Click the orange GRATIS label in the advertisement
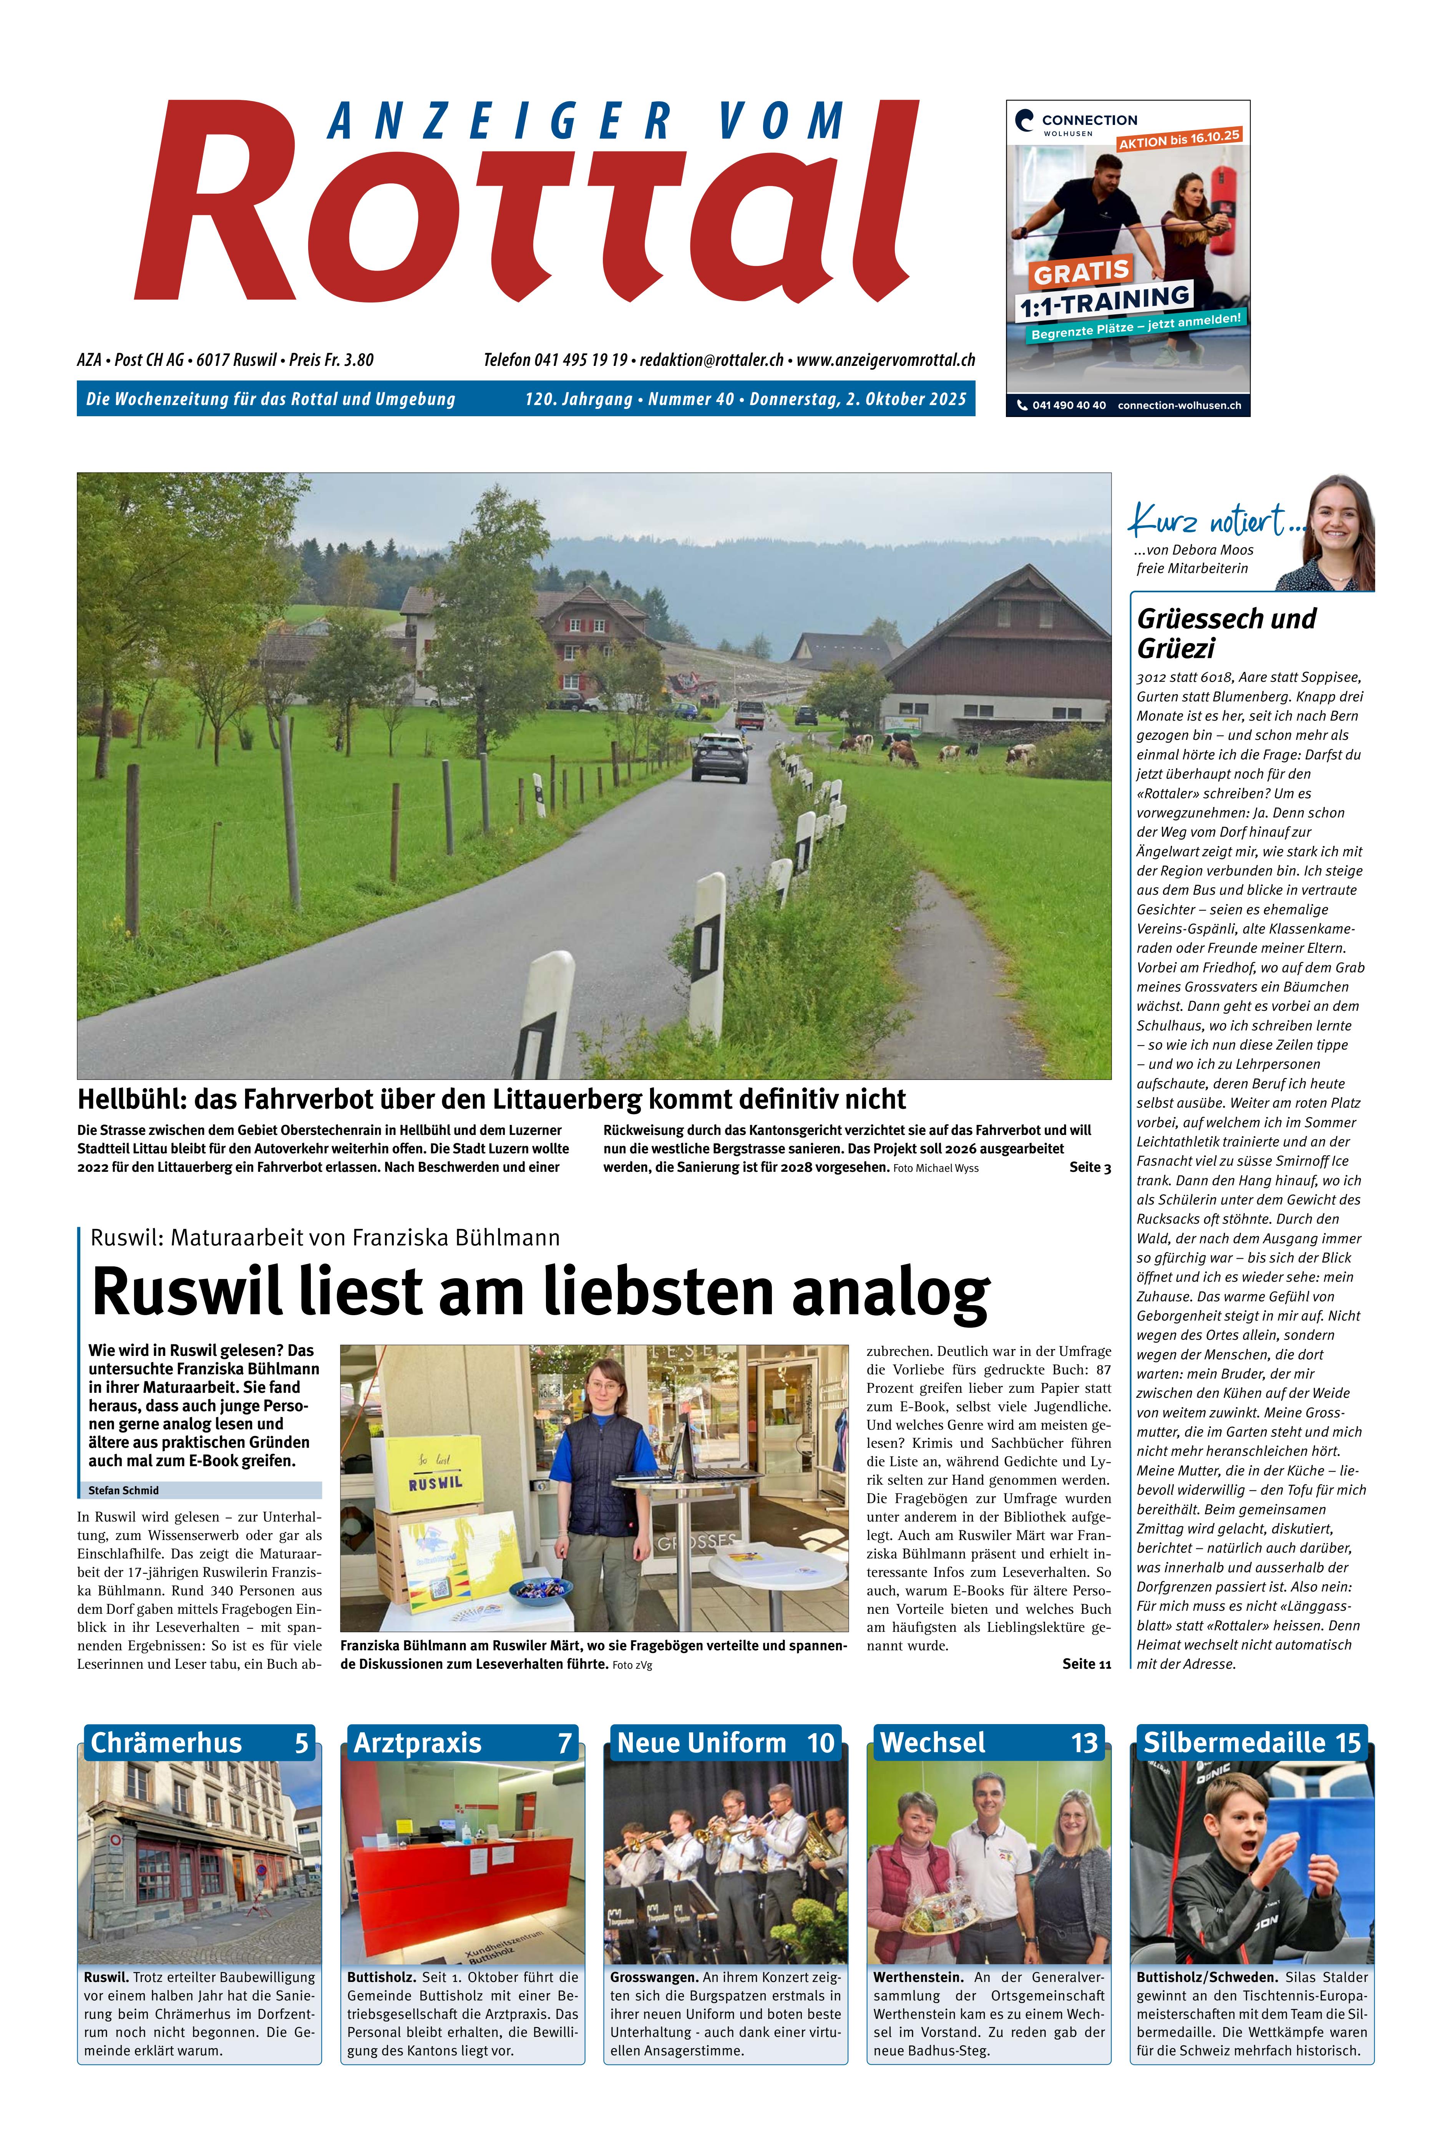click(x=1081, y=272)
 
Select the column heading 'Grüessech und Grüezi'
click(x=1226, y=633)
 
